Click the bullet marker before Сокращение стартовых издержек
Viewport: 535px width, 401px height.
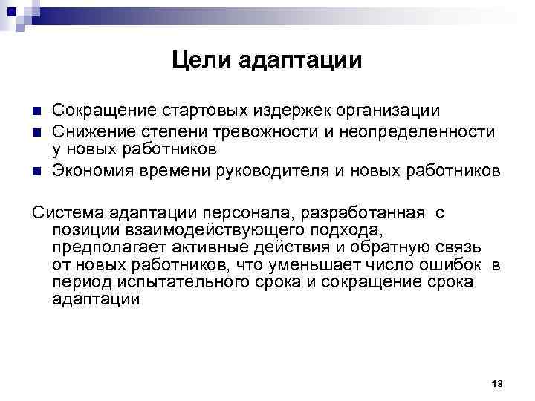36,112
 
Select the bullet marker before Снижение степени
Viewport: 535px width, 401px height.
36,131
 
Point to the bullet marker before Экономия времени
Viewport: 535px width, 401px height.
36,171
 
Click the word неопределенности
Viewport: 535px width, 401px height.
432,131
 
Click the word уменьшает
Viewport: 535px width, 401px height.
314,265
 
